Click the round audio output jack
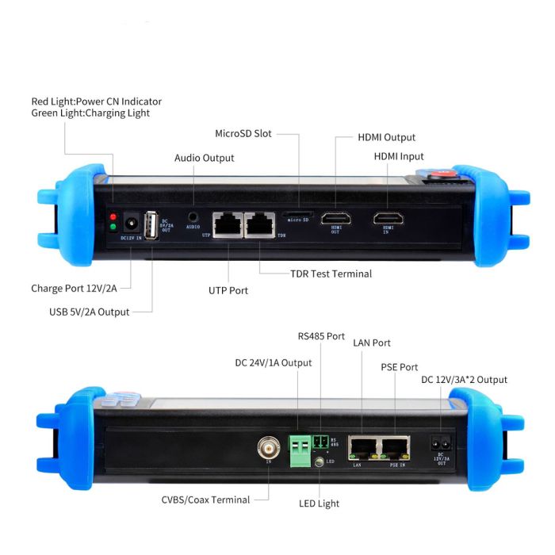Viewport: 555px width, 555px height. click(193, 215)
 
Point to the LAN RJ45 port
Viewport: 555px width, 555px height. click(362, 448)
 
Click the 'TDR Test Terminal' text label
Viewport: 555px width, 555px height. click(331, 274)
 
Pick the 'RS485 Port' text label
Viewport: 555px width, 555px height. click(321, 336)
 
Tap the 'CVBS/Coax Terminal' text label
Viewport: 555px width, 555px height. click(205, 499)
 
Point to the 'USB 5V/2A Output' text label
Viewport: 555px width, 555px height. click(89, 312)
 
